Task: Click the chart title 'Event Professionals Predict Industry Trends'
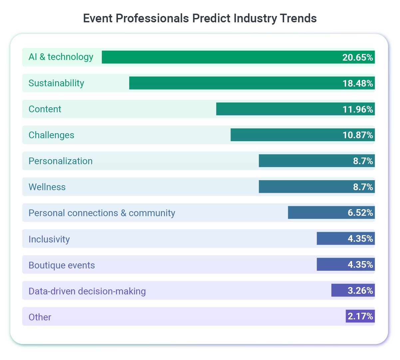pos(200,18)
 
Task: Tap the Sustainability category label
pos(56,83)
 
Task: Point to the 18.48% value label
pos(358,83)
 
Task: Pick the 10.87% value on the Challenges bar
pos(358,135)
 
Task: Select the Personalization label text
pos(61,161)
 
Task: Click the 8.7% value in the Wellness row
pos(363,187)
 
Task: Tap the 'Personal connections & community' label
pos(102,213)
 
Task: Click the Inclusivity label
pos(49,239)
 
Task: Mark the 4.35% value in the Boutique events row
pos(360,265)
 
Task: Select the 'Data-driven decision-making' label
pos(87,291)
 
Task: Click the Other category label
pos(40,317)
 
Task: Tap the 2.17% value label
pos(360,316)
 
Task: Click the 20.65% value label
pos(358,57)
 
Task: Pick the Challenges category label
pos(51,135)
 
